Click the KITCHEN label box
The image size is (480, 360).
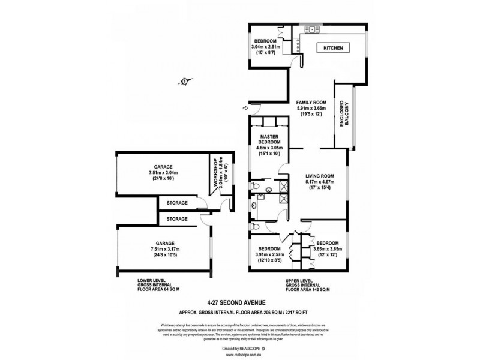333,48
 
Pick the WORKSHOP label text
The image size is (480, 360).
211,171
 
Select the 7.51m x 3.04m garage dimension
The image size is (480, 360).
163,172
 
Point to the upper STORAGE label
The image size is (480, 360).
177,203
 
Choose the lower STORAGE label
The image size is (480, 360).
177,219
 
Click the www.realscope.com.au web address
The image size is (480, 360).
240,354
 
